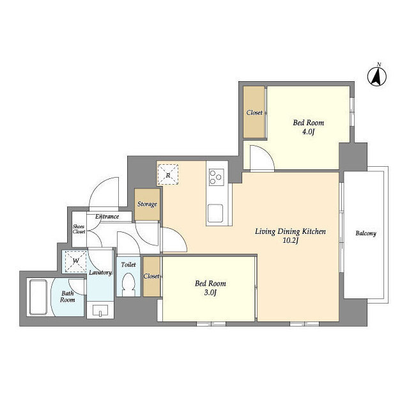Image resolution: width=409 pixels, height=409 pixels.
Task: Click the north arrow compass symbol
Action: [377, 76]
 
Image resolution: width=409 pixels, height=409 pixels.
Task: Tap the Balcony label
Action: [366, 233]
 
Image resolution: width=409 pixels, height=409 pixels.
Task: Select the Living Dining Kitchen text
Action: [290, 231]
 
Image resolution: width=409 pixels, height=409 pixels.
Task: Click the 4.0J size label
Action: [308, 132]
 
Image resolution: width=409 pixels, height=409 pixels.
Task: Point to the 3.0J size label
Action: [210, 293]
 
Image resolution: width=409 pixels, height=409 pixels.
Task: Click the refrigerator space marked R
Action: [167, 174]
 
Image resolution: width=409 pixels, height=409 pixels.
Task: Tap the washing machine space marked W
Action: [75, 261]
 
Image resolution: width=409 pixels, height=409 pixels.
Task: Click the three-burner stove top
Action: [216, 178]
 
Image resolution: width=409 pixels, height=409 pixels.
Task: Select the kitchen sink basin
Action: [215, 213]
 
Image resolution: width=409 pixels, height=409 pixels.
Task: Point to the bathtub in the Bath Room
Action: [38, 297]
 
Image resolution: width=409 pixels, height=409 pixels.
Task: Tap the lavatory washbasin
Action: [100, 310]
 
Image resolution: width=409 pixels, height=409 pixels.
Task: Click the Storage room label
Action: [147, 204]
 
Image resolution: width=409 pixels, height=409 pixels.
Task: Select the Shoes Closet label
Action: [79, 229]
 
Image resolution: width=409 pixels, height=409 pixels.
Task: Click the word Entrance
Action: [107, 217]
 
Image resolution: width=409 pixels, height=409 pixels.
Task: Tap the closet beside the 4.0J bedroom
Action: [254, 112]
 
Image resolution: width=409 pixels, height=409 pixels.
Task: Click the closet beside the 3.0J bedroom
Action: [151, 277]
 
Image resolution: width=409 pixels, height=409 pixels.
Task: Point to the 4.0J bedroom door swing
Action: [262, 158]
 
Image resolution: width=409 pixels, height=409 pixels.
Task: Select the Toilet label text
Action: [128, 265]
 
